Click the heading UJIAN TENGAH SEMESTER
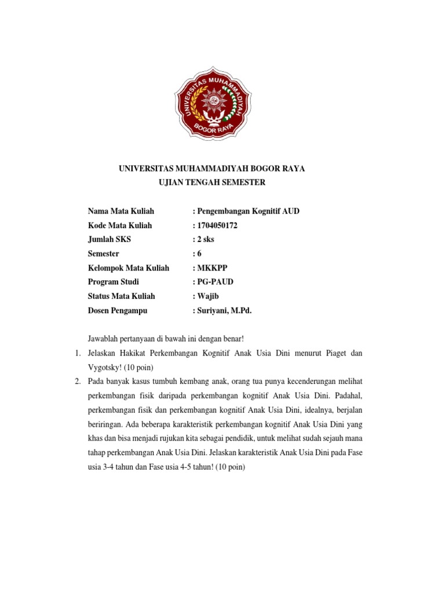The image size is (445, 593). pyautogui.click(x=212, y=182)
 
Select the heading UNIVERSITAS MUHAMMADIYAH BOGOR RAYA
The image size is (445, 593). pyautogui.click(x=212, y=169)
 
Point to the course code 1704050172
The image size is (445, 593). pyautogui.click(x=217, y=225)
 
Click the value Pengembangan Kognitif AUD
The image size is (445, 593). pyautogui.click(x=248, y=211)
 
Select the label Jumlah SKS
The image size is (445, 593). pyautogui.click(x=110, y=240)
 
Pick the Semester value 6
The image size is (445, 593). pyautogui.click(x=199, y=254)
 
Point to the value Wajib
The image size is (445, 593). pyautogui.click(x=208, y=296)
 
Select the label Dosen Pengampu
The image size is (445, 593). pyautogui.click(x=118, y=310)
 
